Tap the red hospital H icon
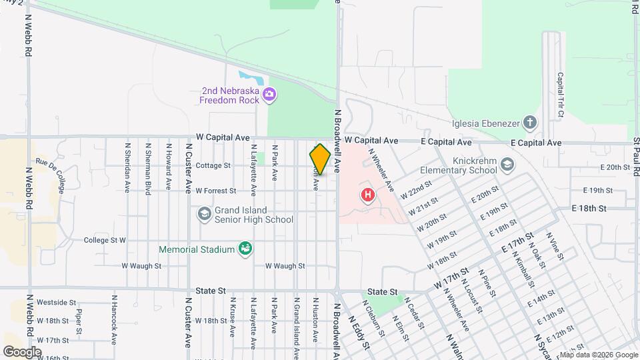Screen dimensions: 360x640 click(x=367, y=196)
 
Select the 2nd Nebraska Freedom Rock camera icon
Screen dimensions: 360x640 click(x=269, y=95)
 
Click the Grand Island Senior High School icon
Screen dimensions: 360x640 click(x=204, y=214)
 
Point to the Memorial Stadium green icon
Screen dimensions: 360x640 click(x=245, y=249)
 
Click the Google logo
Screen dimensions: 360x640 click(x=22, y=351)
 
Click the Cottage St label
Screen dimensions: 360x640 click(x=213, y=165)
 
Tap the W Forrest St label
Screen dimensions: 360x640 click(x=216, y=191)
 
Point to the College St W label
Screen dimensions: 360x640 click(x=105, y=240)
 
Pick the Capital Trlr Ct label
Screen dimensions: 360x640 click(x=560, y=95)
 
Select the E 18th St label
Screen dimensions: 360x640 click(x=589, y=208)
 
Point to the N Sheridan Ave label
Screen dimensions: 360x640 click(x=127, y=167)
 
